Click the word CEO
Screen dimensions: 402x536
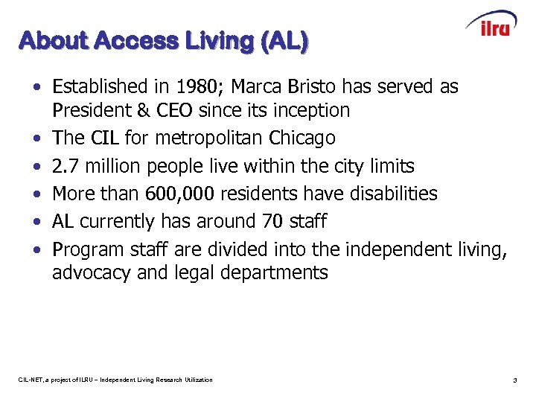pos(175,110)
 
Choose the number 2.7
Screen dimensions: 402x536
pos(64,165)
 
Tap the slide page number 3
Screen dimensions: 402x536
pos(514,380)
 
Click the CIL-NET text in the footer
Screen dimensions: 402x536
pos(30,380)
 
